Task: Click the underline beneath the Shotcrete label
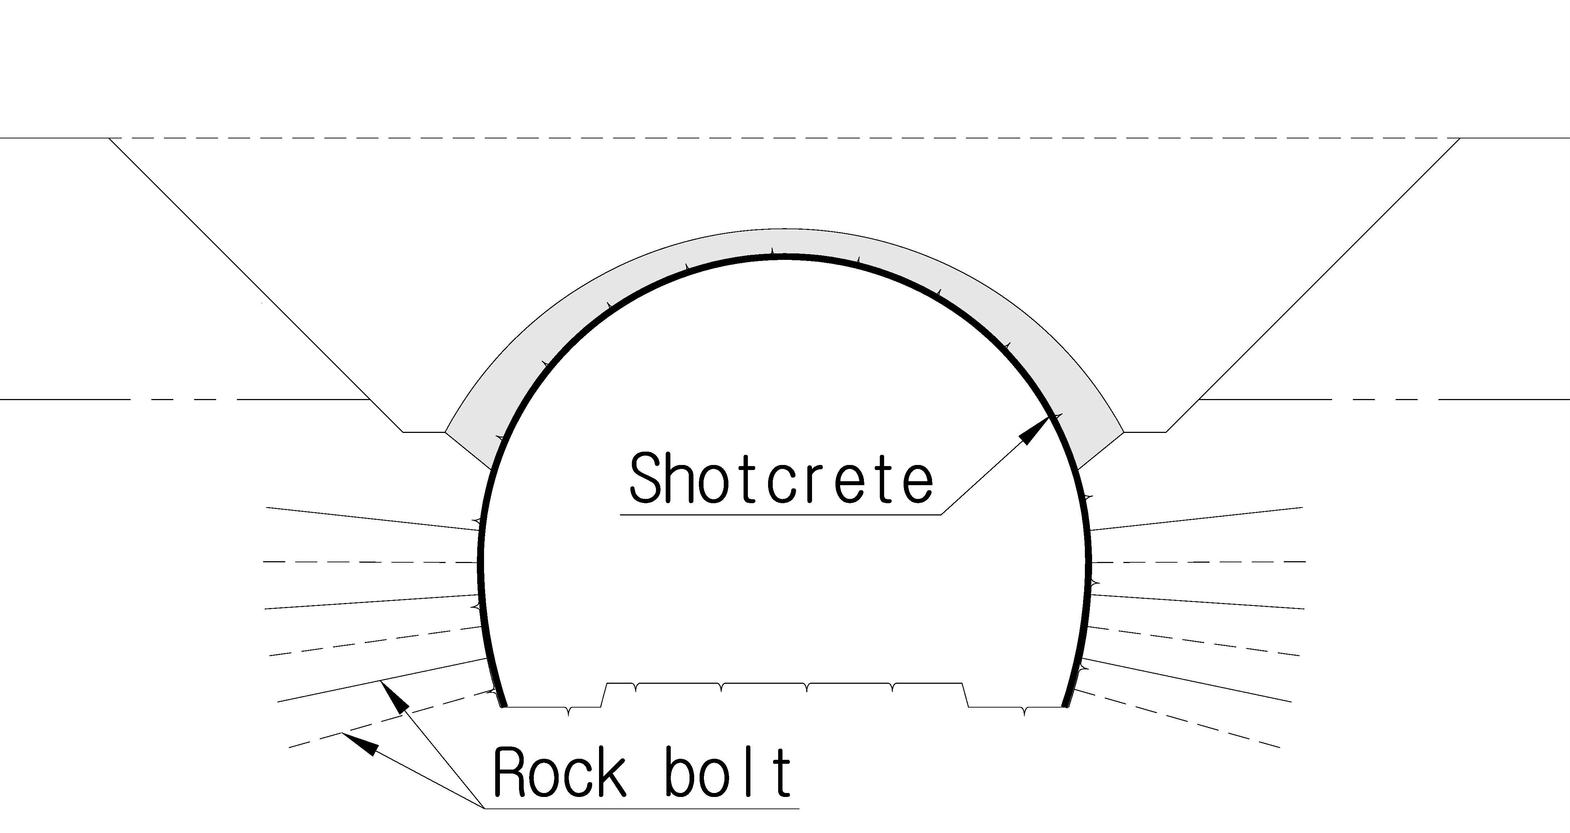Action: click(x=781, y=515)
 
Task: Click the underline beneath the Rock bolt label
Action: click(x=641, y=808)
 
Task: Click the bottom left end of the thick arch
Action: click(x=504, y=707)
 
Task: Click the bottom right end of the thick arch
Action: click(x=1065, y=707)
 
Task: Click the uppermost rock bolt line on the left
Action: click(x=373, y=519)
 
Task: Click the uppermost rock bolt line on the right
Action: click(x=1196, y=519)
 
